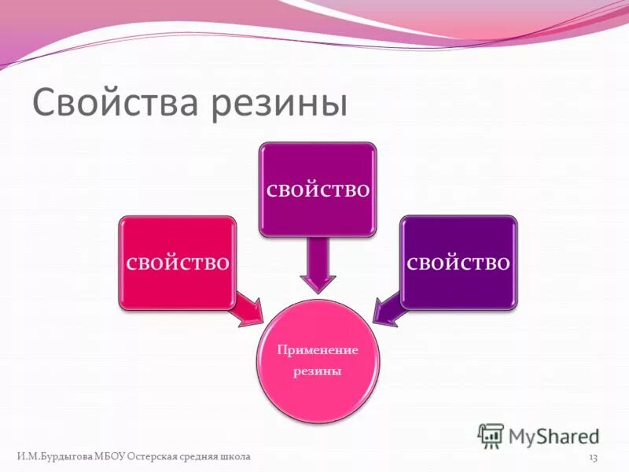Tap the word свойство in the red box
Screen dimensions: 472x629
pos(178,262)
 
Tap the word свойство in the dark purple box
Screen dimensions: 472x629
pos(459,262)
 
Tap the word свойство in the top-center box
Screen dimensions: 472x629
pos(318,190)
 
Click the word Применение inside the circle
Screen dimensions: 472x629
pos(318,348)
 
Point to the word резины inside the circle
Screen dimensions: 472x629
pos(318,371)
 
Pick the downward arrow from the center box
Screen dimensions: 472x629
pos(318,267)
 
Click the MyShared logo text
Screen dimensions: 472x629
pos(553,435)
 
